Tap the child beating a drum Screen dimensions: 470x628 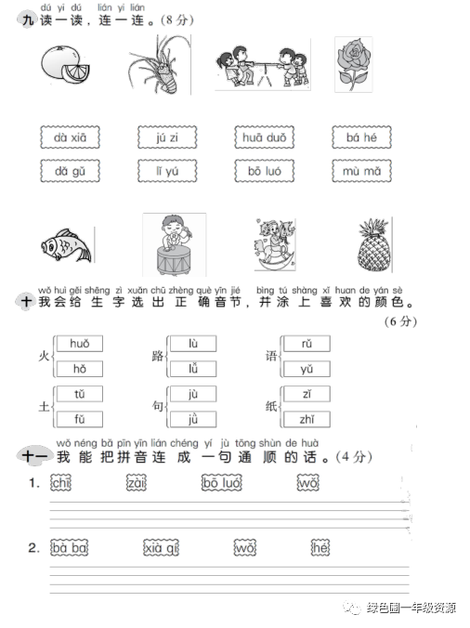pyautogui.click(x=175, y=244)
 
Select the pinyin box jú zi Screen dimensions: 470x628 pyautogui.click(x=167, y=138)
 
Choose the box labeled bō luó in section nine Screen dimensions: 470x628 pyautogui.click(x=264, y=172)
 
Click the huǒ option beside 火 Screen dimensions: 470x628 pyautogui.click(x=79, y=344)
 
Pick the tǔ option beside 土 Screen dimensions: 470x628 pyautogui.click(x=79, y=394)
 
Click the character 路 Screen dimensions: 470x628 pyautogui.click(x=157, y=357)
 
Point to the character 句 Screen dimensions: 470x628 pyautogui.click(x=157, y=407)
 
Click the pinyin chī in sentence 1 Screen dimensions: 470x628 pyautogui.click(x=61, y=482)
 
